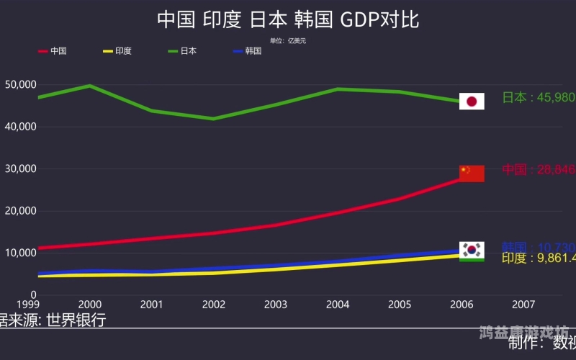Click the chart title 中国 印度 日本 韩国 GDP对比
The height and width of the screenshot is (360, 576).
288,19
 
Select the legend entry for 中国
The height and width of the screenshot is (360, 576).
53,51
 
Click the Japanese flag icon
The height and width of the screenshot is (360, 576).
472,102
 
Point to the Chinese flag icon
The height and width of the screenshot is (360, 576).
472,174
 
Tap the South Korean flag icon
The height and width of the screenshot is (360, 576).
472,249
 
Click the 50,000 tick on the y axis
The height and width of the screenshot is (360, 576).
20,85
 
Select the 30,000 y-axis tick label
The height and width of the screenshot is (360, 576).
20,169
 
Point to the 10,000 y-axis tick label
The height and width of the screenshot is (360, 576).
20,253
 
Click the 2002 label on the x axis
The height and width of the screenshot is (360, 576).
213,305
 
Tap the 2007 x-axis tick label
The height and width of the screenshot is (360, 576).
523,305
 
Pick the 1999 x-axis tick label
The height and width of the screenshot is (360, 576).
27,305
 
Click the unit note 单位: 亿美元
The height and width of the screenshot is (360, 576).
288,40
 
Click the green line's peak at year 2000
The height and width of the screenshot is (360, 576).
90,86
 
